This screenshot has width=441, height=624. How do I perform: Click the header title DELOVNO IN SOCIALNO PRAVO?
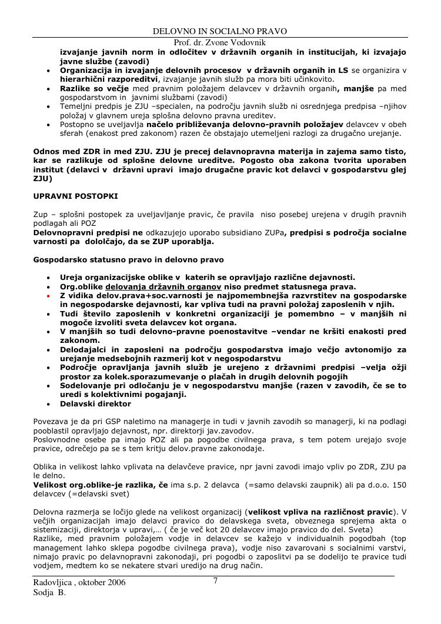point(220,31)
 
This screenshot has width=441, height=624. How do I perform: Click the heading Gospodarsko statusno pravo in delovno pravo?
point(128,259)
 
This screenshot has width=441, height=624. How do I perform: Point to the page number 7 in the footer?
point(216,581)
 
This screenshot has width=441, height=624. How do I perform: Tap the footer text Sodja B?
point(49,593)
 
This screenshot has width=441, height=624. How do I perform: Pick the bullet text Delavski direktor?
point(95,404)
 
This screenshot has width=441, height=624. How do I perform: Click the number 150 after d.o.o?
point(399,485)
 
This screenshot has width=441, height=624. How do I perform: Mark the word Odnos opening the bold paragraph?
point(46,151)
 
